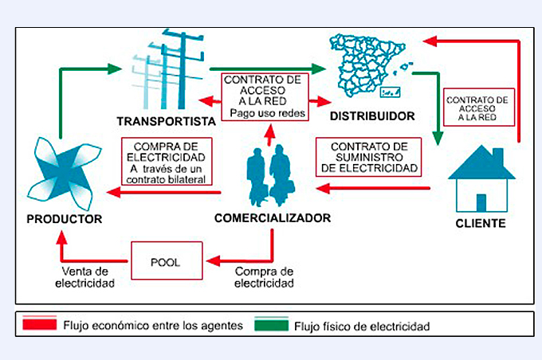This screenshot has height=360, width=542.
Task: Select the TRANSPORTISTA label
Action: pyautogui.click(x=167, y=122)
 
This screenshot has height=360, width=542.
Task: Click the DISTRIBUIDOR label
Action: pyautogui.click(x=372, y=116)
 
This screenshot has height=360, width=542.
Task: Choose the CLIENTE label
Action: pyautogui.click(x=481, y=223)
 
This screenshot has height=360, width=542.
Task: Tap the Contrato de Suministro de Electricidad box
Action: pyautogui.click(x=367, y=157)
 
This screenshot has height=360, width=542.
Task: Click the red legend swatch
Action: pyautogui.click(x=39, y=326)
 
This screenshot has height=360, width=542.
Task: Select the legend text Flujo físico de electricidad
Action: pyautogui.click(x=362, y=327)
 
